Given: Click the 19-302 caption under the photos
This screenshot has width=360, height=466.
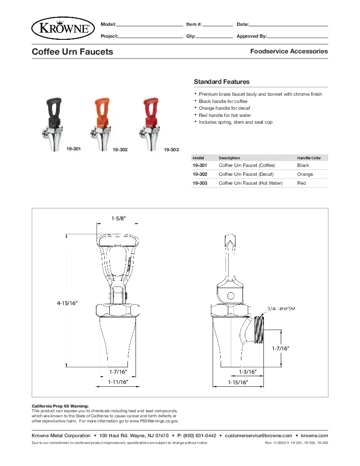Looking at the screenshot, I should (120, 150).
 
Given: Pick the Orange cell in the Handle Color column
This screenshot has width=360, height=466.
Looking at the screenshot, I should (305, 174).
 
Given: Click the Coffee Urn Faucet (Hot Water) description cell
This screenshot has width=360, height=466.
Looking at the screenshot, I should (250, 183).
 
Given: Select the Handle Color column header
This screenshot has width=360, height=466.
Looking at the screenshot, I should (309, 158).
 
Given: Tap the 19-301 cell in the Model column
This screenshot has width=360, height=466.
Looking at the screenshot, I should (200, 165).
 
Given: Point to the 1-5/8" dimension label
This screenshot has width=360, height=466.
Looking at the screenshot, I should (119, 219).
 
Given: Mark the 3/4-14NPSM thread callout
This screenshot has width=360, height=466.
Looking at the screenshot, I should (281, 308).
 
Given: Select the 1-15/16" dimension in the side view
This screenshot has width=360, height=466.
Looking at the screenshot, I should (238, 382).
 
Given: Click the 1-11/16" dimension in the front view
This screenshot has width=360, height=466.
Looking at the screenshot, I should (118, 382).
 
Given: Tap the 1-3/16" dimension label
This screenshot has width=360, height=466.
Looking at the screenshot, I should (248, 372).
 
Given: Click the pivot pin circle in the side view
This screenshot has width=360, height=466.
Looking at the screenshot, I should (231, 295).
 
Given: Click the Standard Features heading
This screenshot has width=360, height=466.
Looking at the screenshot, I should (222, 82).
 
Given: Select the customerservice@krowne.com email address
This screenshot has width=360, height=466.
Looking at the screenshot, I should (258, 435).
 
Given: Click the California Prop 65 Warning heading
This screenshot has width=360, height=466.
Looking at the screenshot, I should (60, 406).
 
